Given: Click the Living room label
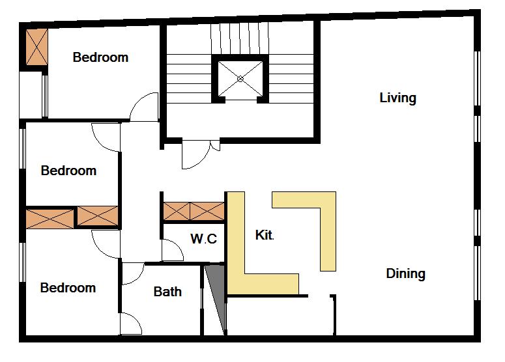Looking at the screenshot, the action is (x=397, y=98).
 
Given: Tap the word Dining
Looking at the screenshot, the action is (x=405, y=273).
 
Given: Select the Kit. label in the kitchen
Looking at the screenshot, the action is (x=265, y=235).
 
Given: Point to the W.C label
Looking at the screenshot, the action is (x=203, y=238).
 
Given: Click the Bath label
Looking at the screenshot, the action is (x=167, y=292).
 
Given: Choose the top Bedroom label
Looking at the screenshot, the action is (x=100, y=57).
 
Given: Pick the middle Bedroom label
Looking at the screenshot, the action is (x=68, y=171).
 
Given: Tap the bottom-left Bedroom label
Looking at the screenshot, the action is (x=68, y=288).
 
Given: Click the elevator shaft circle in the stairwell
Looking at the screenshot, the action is (x=240, y=79).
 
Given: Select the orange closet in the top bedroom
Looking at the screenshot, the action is (x=36, y=47).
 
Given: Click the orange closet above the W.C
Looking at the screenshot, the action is (x=194, y=212).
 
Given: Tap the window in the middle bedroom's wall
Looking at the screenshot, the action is (x=23, y=148).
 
